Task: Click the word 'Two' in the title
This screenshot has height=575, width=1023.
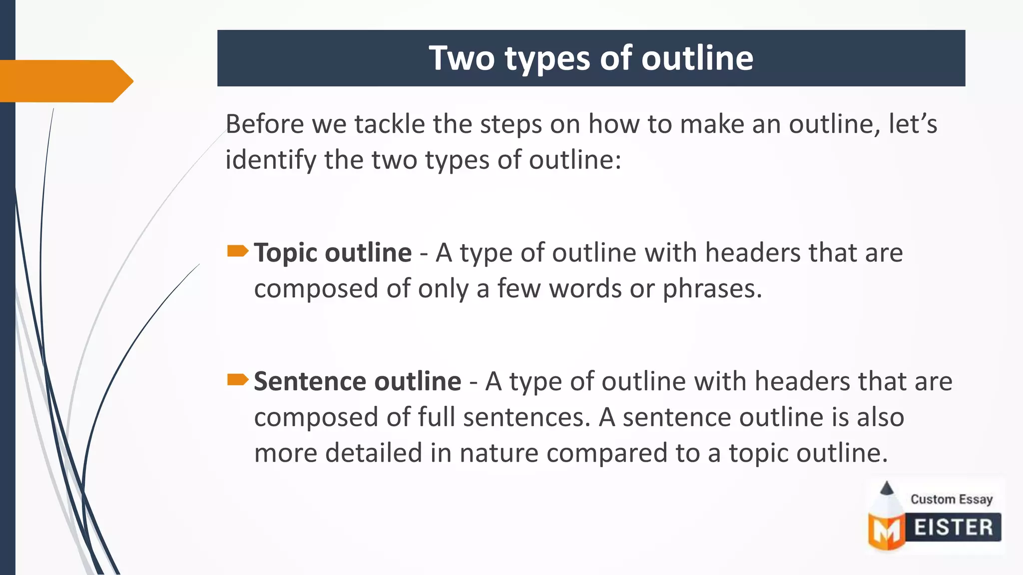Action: (462, 58)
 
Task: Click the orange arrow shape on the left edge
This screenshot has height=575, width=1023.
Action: (65, 81)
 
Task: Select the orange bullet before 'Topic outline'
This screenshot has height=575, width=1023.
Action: (237, 251)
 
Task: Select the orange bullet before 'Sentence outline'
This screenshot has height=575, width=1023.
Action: (237, 380)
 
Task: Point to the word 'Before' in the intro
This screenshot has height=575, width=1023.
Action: (264, 124)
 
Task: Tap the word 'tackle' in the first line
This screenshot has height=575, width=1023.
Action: (389, 124)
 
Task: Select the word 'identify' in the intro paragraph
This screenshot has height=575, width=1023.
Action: (270, 161)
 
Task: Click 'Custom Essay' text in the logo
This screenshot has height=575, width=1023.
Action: (951, 499)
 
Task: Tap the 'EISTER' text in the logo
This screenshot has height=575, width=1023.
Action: (953, 528)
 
